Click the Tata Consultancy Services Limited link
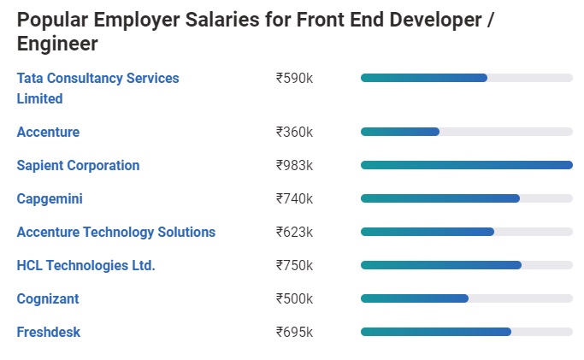point(97,88)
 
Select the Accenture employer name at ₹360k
point(48,132)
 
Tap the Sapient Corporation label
point(78,165)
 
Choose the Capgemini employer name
point(50,198)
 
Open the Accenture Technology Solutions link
point(115,232)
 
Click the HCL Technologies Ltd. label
point(86,265)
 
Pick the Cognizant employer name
point(48,298)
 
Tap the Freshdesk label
point(48,332)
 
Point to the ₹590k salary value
point(294,78)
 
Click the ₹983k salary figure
point(294,165)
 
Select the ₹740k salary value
point(294,198)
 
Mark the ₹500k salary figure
point(294,298)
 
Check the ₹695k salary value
point(294,332)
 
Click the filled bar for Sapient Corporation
point(466,165)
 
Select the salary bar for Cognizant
point(415,298)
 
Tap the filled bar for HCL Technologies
point(440,265)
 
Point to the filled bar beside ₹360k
point(400,132)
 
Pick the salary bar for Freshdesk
point(436,332)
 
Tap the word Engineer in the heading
point(57,44)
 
